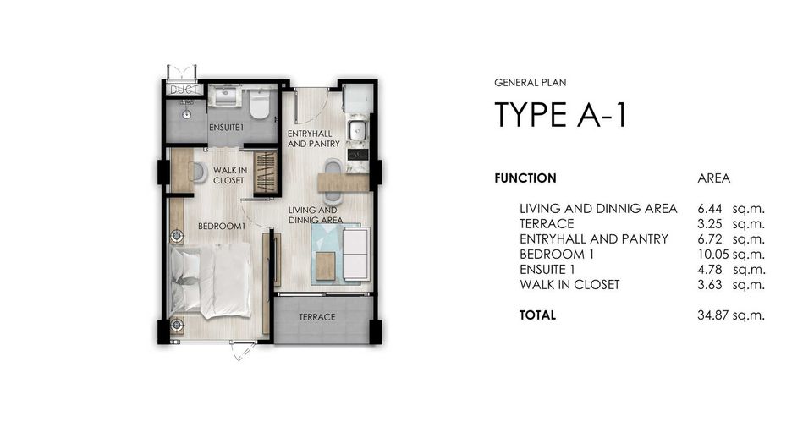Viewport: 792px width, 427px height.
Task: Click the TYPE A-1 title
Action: tap(561, 115)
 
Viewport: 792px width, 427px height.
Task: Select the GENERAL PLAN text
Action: tap(531, 82)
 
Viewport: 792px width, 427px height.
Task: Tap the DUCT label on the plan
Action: tap(184, 90)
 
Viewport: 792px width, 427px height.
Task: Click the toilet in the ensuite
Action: tap(260, 105)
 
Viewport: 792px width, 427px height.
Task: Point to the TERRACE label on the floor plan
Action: tap(316, 317)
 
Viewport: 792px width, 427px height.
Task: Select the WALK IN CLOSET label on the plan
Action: tap(230, 175)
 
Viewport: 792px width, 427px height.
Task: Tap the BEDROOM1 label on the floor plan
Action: tap(221, 226)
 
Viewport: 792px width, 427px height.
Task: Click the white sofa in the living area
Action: tap(356, 254)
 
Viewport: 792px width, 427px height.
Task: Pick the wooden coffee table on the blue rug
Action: tap(326, 266)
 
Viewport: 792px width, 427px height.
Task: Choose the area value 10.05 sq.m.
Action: tap(731, 255)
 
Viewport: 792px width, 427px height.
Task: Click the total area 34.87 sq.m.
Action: tap(731, 315)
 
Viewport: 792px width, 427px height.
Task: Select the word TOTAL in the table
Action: tap(537, 315)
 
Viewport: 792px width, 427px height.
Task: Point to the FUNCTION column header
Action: tap(525, 178)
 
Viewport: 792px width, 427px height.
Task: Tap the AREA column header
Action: tap(713, 178)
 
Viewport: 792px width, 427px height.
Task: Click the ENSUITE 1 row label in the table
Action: tap(547, 270)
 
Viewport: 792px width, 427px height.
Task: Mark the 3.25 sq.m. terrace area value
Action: tap(731, 224)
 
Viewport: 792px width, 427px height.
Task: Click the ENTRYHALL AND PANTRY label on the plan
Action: tap(314, 139)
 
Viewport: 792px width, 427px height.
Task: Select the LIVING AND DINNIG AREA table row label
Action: tap(598, 209)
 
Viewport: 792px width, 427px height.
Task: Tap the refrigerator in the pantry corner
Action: tap(358, 98)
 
